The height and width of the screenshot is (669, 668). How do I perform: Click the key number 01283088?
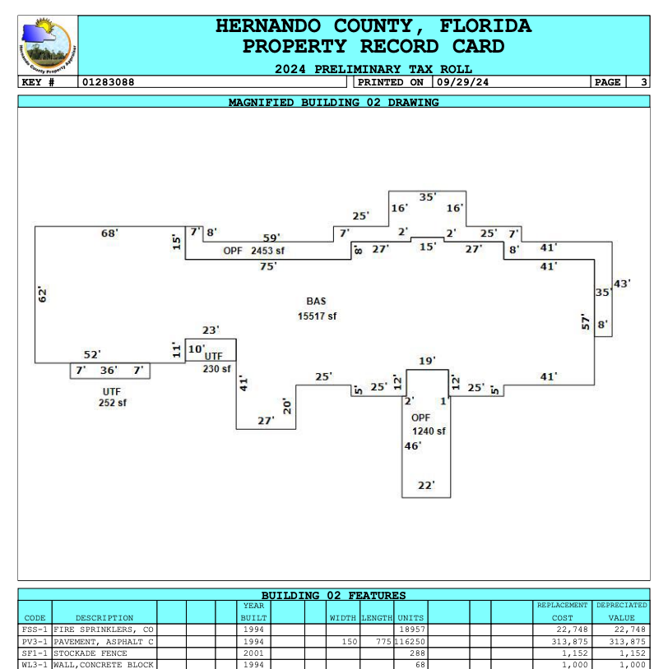108,82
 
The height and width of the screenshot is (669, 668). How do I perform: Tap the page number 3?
642,82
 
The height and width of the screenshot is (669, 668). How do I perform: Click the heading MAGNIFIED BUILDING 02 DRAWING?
333,103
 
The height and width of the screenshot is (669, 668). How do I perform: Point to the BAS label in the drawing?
316,302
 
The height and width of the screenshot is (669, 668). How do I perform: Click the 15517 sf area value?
317,316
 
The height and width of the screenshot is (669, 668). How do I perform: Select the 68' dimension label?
109,233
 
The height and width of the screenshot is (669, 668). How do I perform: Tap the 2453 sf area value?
267,251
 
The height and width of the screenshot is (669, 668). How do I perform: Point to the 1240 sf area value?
429,431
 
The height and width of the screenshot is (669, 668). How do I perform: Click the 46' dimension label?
412,446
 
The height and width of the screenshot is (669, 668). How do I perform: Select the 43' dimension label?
622,284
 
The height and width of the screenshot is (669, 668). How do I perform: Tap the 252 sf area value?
113,403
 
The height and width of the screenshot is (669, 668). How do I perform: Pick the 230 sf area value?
216,369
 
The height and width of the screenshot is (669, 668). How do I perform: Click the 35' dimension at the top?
428,197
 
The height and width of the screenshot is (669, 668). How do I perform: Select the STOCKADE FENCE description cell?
104,653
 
